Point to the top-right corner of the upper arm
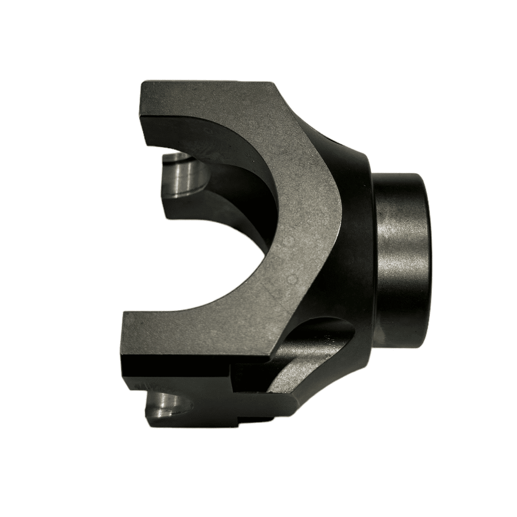pyautogui.click(x=271, y=83)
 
